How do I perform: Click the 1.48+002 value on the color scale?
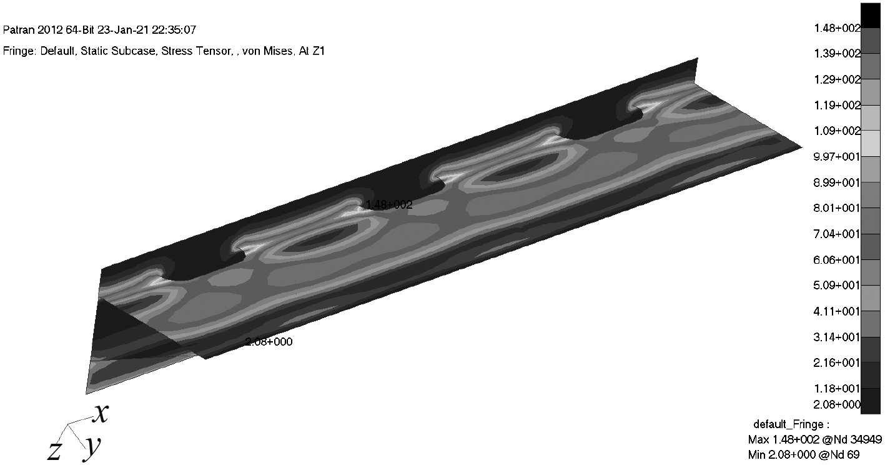(x=837, y=28)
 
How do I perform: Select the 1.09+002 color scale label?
(x=837, y=131)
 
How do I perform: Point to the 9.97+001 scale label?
(x=836, y=157)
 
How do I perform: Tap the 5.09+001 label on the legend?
(x=836, y=286)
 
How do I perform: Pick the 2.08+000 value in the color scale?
(x=836, y=404)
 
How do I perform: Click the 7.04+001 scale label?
(x=836, y=234)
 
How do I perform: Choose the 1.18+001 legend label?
(x=836, y=389)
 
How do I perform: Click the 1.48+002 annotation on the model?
(x=389, y=205)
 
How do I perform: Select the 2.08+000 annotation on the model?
(x=269, y=342)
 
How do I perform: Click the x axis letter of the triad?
(x=101, y=414)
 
